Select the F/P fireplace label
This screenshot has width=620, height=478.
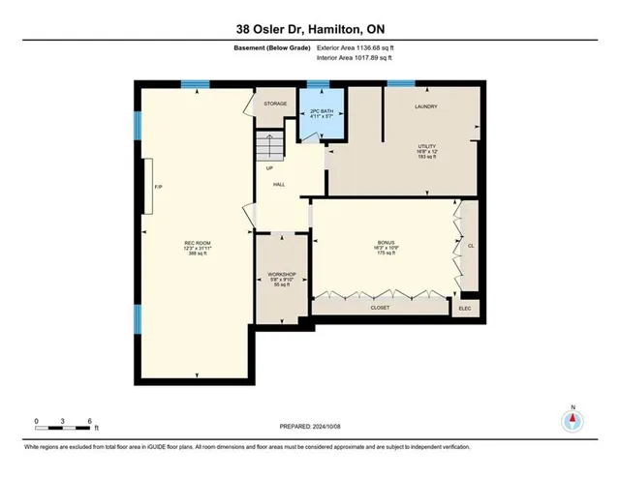[x=158, y=187]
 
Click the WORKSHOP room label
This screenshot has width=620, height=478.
[x=281, y=275]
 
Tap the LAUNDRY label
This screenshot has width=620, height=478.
[x=426, y=106]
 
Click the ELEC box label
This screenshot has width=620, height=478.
[x=466, y=307]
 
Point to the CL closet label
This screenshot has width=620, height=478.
[x=470, y=246]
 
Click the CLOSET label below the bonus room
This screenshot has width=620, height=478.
[x=381, y=307]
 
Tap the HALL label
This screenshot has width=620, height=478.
[x=278, y=184]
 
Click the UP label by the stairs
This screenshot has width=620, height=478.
[x=270, y=168]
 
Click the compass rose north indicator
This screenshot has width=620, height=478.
[x=573, y=421]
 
